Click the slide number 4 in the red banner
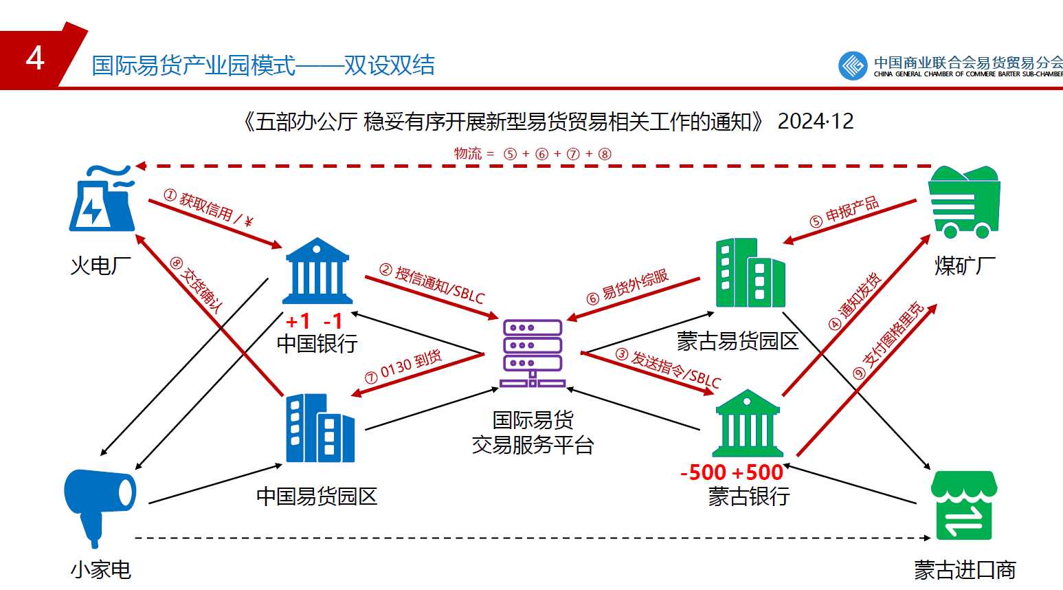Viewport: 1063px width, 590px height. pyautogui.click(x=35, y=58)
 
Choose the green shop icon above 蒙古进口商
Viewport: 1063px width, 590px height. pyautogui.click(x=963, y=505)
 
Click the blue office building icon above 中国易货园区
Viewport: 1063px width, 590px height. pyautogui.click(x=320, y=428)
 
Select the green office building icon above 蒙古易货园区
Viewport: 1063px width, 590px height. pyautogui.click(x=750, y=273)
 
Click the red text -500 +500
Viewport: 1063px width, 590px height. pyautogui.click(x=731, y=472)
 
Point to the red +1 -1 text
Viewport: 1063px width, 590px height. pyautogui.click(x=314, y=321)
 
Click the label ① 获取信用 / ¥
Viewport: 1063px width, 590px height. pyautogui.click(x=209, y=208)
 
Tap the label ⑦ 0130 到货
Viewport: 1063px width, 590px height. pyautogui.click(x=403, y=367)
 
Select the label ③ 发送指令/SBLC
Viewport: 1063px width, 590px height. pyautogui.click(x=668, y=369)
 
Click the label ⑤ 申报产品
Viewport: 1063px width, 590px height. pyautogui.click(x=844, y=212)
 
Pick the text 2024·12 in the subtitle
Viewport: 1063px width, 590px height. pyautogui.click(x=816, y=122)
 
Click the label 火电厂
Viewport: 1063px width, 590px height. pyautogui.click(x=100, y=265)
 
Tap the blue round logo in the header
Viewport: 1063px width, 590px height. pyautogui.click(x=853, y=66)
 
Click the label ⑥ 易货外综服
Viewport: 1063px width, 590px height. pyautogui.click(x=627, y=286)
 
